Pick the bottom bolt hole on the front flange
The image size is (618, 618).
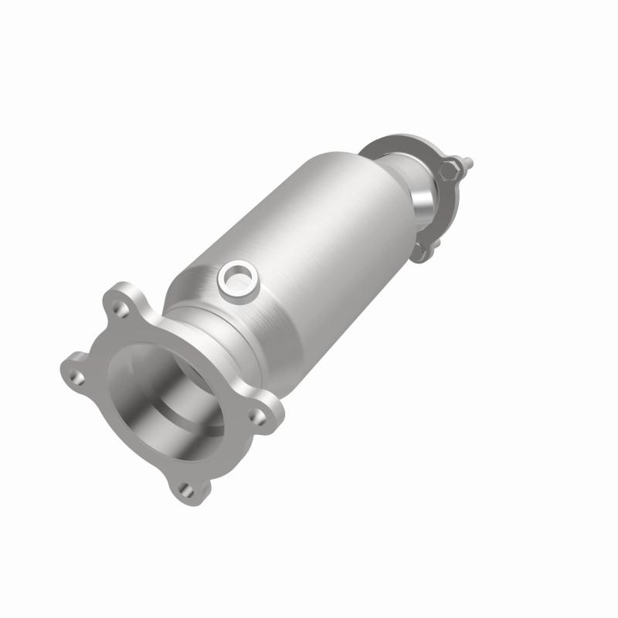184,487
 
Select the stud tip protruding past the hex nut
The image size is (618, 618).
468,163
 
